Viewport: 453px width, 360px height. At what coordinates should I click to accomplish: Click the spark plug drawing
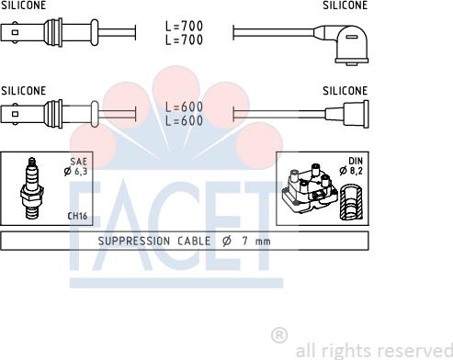point(32,188)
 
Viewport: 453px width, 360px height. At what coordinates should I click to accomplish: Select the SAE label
point(79,162)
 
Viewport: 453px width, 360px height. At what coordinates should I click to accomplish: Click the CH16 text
point(77,216)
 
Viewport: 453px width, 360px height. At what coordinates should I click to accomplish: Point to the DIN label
point(356,161)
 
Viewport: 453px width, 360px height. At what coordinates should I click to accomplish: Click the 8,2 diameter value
point(357,171)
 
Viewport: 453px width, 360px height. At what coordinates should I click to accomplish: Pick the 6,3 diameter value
point(81,171)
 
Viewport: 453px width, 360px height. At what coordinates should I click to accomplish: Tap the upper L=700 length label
point(184,26)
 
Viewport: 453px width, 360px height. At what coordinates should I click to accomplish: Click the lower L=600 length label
point(184,120)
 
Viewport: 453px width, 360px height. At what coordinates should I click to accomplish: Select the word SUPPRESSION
point(134,242)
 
